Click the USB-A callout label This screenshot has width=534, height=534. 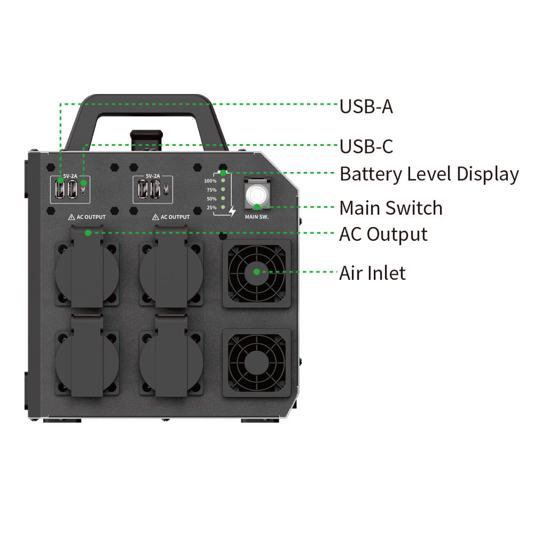[x=366, y=106]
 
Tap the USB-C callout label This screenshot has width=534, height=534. [x=366, y=146]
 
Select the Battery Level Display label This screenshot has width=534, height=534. [x=429, y=174]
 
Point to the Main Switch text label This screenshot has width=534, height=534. [x=391, y=207]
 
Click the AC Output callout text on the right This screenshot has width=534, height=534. [x=383, y=234]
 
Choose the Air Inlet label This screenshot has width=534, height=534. [x=372, y=273]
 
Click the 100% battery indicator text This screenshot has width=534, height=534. [x=210, y=181]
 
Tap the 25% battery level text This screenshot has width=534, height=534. [x=211, y=207]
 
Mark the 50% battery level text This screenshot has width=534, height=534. [x=211, y=199]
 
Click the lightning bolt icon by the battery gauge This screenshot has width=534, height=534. [x=233, y=211]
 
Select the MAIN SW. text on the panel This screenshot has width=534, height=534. [x=257, y=216]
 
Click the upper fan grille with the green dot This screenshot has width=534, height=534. [x=256, y=273]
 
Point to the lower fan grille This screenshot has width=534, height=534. [x=256, y=363]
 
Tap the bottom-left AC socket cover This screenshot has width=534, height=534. [x=87, y=356]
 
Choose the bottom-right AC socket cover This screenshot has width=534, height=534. [x=171, y=356]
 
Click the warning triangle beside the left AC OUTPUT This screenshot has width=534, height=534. [x=72, y=217]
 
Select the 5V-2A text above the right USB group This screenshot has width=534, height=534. [x=153, y=176]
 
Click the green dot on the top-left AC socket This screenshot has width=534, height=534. [x=88, y=233]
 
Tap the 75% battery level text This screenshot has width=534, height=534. [x=211, y=190]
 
